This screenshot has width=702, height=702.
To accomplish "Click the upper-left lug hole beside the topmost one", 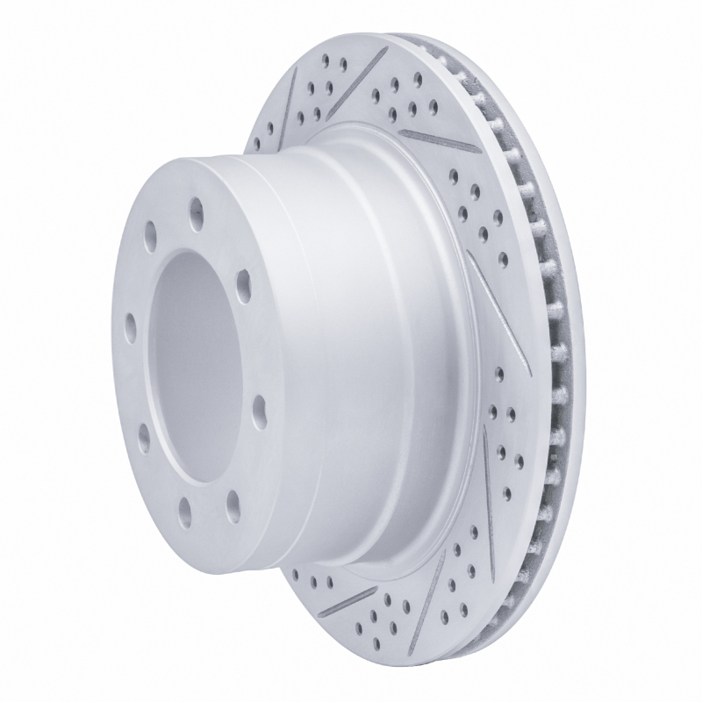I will (151, 236).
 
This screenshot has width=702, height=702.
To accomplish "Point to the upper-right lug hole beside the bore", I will (243, 283).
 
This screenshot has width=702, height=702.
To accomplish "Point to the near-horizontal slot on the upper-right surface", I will (439, 140).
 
